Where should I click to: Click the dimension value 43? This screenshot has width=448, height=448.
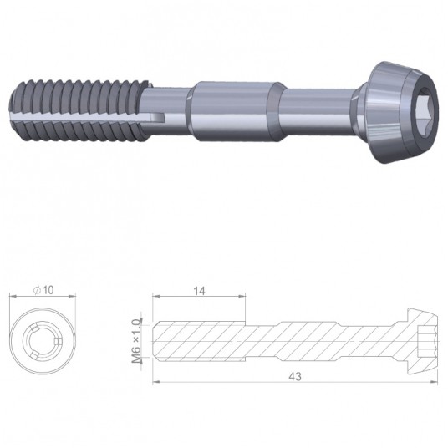pos(295,377)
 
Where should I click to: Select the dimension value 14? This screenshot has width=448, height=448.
pos(200,291)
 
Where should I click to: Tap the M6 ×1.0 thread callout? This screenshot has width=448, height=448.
pos(136,341)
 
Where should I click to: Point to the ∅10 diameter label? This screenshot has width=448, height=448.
pos(43,290)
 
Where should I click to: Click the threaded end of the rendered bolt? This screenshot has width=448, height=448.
pos(81,112)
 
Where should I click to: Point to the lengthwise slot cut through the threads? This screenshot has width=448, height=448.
pos(87,116)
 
